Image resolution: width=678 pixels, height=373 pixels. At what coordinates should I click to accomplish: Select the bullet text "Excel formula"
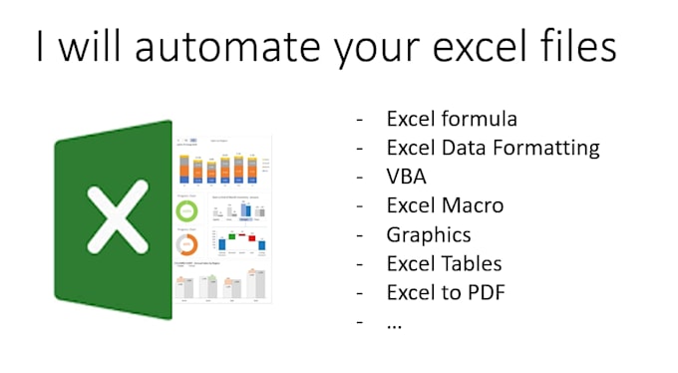452,119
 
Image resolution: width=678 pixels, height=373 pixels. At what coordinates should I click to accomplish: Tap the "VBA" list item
407,177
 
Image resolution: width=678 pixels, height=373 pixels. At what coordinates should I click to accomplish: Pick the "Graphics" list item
429,235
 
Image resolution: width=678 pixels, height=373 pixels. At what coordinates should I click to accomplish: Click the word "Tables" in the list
473,264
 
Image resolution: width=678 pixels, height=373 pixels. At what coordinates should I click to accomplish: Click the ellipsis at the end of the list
394,323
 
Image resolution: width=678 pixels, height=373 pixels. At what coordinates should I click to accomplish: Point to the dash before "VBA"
359,178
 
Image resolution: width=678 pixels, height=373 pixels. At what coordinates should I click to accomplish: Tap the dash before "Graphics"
359,236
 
